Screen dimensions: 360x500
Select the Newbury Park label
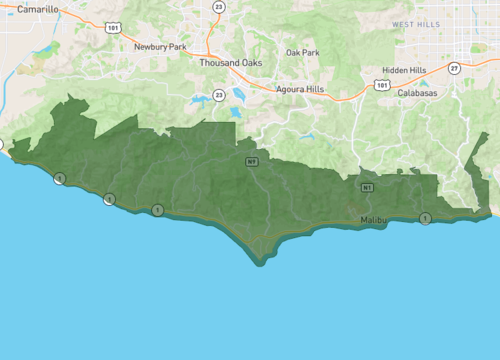(x=160, y=46)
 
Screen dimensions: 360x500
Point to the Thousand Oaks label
(x=232, y=62)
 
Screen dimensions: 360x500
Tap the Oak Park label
(x=302, y=52)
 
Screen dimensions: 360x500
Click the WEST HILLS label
(x=416, y=24)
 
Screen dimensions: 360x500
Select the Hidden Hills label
(x=404, y=70)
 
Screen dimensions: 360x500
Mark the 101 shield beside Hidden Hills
(x=382, y=86)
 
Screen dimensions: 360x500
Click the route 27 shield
(x=453, y=68)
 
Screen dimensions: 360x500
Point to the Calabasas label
(x=417, y=93)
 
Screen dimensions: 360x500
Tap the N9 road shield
(x=252, y=160)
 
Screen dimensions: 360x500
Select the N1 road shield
(x=368, y=187)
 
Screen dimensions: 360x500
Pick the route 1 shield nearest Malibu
(x=426, y=218)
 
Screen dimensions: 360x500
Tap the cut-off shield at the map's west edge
(x=1, y=143)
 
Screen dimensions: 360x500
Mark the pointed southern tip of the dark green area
(x=260, y=263)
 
